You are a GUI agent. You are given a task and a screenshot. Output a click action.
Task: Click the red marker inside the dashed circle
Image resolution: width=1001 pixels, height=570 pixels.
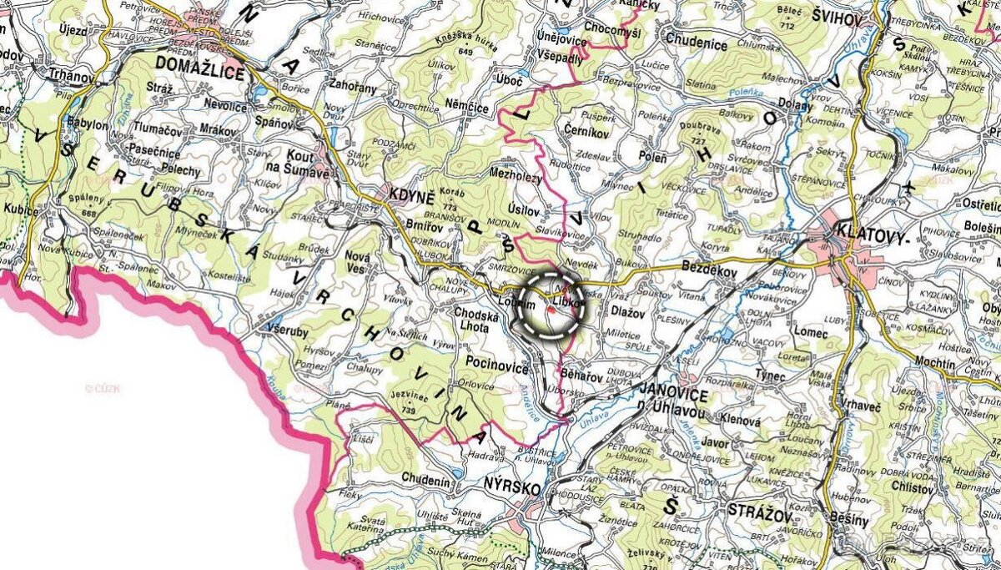point(551,310)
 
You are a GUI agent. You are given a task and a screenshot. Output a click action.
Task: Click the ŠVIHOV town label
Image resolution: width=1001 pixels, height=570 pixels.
point(842,18)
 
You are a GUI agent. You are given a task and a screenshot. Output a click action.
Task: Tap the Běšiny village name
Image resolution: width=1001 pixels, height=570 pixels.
point(851,520)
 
